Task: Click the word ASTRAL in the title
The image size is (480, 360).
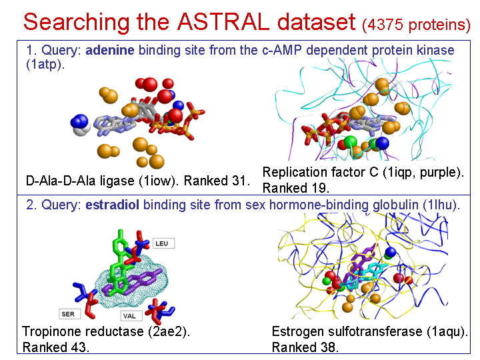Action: (x=223, y=22)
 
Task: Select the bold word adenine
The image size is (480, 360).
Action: (x=109, y=50)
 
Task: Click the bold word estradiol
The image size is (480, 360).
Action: (x=112, y=205)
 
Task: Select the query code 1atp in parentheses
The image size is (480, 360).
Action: (x=45, y=64)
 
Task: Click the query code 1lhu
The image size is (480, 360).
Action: (x=441, y=205)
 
